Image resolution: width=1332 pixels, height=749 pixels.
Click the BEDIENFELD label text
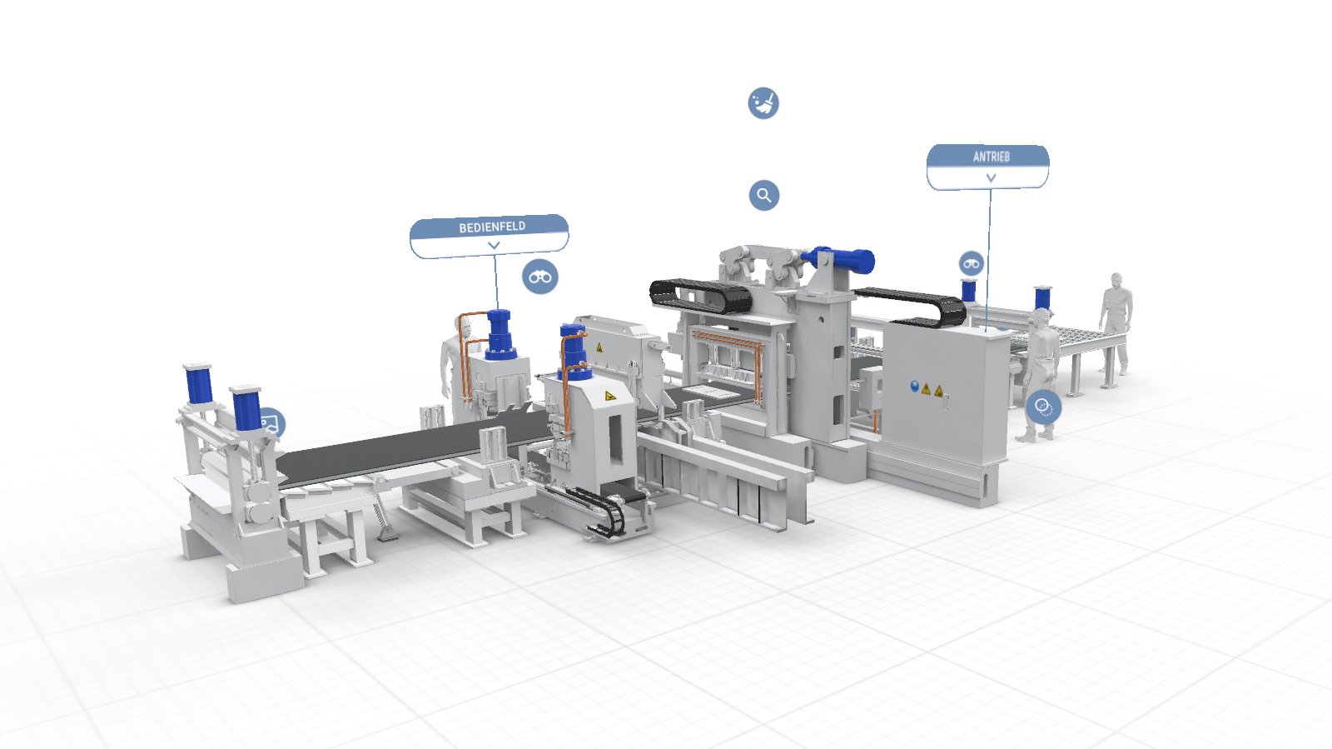tap(492, 227)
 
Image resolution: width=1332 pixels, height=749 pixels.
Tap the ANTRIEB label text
tap(991, 157)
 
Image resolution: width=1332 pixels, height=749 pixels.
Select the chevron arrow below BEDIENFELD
tap(494, 246)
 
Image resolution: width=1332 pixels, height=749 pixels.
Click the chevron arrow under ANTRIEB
tap(991, 178)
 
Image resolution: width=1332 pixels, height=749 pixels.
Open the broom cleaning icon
tap(763, 103)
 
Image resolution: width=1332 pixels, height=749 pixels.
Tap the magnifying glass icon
tap(763, 196)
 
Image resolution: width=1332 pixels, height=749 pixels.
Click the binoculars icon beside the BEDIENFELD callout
tap(540, 277)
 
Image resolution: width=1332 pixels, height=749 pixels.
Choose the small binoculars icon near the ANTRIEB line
tap(972, 264)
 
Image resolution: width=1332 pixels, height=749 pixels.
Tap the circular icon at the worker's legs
tap(1043, 407)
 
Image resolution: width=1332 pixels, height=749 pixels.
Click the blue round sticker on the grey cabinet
tap(915, 387)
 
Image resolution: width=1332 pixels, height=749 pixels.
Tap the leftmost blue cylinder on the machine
tap(198, 384)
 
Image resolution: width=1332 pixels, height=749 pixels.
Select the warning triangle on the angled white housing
tap(610, 396)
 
